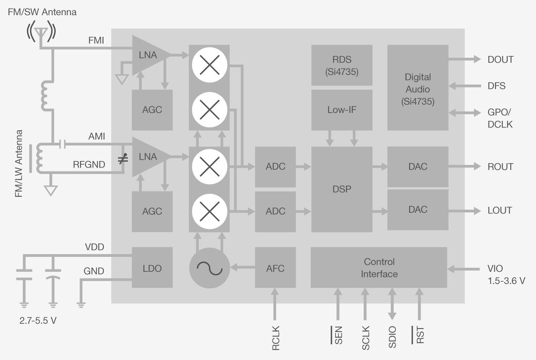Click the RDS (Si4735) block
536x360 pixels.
click(x=341, y=65)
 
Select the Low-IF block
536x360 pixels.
click(x=341, y=110)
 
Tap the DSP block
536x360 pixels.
click(x=341, y=189)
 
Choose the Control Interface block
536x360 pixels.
click(x=379, y=268)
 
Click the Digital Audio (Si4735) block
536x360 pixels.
click(x=418, y=89)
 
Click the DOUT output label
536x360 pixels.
click(x=500, y=59)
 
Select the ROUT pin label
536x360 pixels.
click(x=500, y=167)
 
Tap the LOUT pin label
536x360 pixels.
click(x=500, y=210)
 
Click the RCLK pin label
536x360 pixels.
click(x=276, y=338)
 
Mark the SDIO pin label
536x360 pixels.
click(x=392, y=337)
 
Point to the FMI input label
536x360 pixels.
click(x=96, y=41)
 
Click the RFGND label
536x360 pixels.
click(x=89, y=165)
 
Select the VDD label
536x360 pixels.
click(x=94, y=247)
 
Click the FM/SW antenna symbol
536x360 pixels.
click(x=41, y=33)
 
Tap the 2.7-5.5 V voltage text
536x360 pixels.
click(x=38, y=320)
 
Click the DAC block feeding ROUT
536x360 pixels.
click(x=418, y=167)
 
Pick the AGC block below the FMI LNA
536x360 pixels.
click(x=152, y=110)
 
